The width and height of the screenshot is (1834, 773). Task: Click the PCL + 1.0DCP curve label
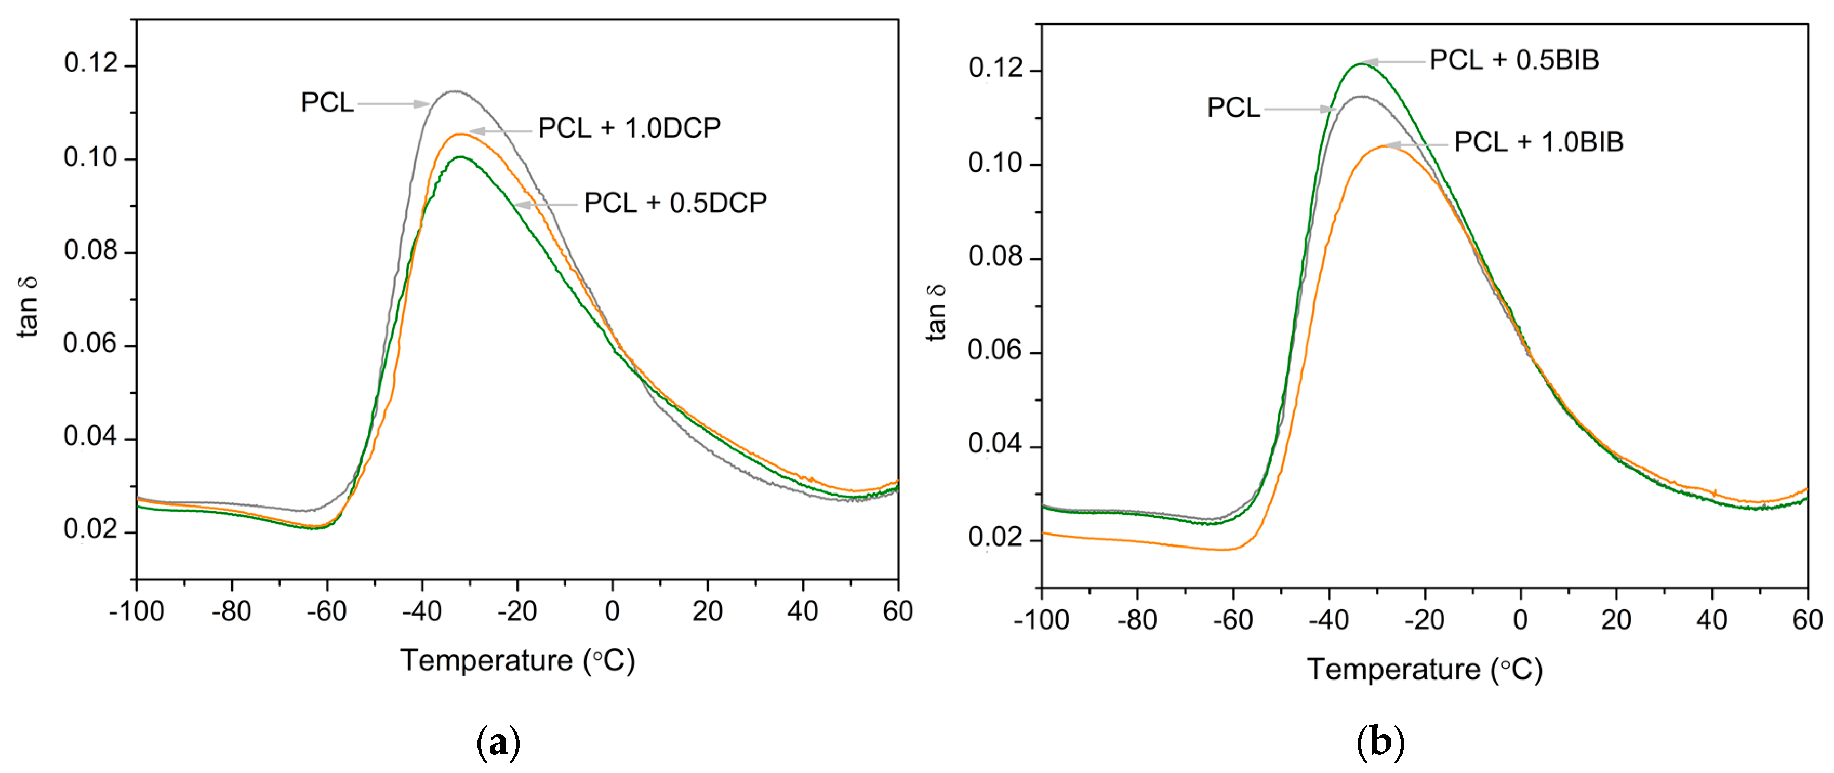pos(629,128)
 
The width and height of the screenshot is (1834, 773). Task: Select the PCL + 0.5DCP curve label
pos(675,204)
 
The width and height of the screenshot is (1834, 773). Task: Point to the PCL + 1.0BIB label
pos(1538,142)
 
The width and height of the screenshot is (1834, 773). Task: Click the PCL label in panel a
pos(327,102)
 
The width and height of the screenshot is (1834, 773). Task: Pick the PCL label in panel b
pos(1233,108)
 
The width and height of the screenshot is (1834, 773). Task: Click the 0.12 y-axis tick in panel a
pos(90,63)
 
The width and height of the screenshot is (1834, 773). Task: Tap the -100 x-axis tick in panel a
pos(137,611)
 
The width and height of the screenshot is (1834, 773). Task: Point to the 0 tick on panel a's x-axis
pos(612,611)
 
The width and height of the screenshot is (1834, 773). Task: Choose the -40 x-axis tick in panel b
pos(1328,620)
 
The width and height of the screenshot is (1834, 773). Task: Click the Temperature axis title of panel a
pos(517,661)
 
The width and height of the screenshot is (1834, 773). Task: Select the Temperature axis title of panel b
pos(1425,670)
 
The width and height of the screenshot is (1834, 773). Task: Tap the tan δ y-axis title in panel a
pos(29,306)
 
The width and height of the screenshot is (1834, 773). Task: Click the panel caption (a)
pos(498,743)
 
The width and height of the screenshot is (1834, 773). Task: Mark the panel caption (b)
pos(1380,743)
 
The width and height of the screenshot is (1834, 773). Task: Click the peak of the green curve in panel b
pos(1361,64)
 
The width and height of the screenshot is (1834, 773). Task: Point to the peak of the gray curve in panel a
pos(454,91)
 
